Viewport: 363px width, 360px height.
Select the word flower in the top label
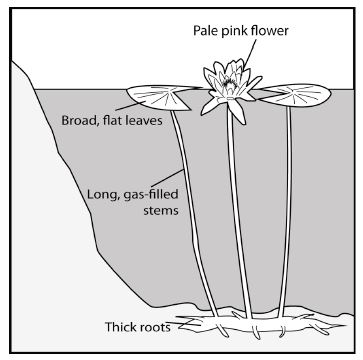(269, 31)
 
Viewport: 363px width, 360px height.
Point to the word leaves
(142, 120)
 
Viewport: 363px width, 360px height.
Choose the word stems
(161, 211)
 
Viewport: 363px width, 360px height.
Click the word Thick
(120, 327)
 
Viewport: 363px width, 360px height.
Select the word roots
(154, 327)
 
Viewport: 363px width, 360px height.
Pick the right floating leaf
(294, 94)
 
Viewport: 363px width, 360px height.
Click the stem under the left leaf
(194, 213)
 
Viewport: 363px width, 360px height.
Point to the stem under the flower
(239, 213)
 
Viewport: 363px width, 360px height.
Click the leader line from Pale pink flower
(251, 53)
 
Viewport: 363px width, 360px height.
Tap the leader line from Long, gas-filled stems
(167, 178)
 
